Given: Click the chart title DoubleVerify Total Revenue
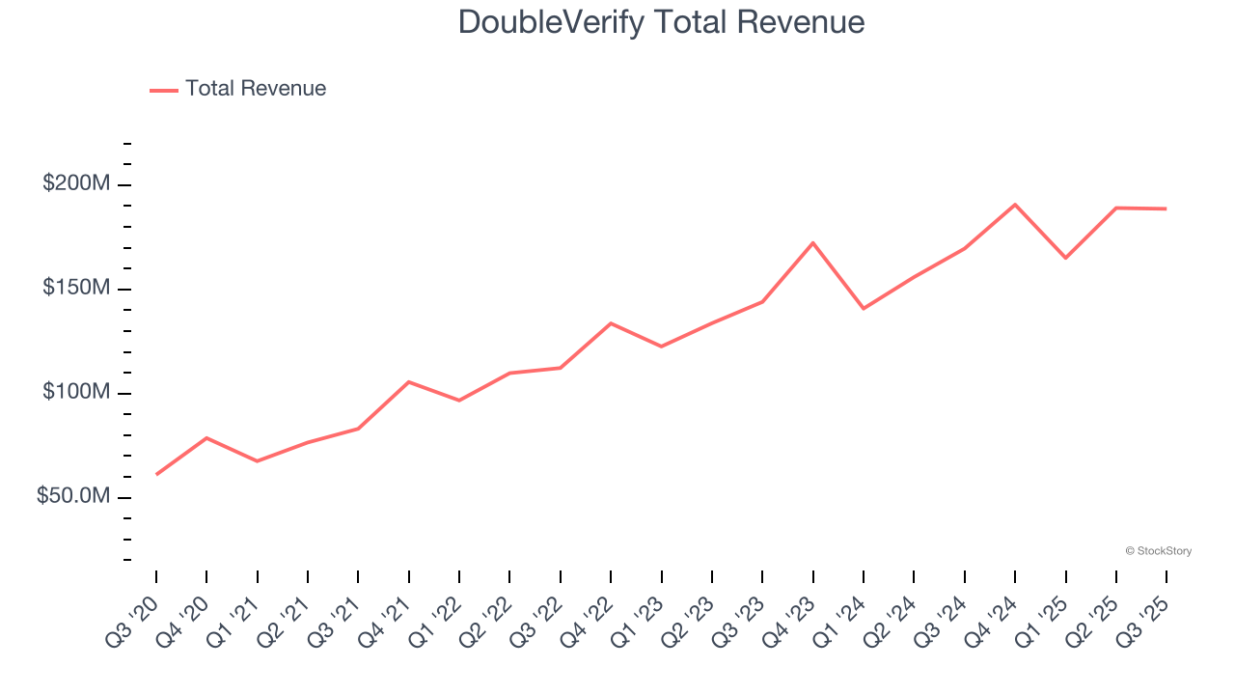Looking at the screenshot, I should (661, 21).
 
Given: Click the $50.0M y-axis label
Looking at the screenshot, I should (73, 496).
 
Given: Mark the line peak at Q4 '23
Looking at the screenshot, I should (813, 242).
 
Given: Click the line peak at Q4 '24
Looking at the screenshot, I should (1015, 205).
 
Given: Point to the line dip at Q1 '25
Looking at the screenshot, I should (1066, 258).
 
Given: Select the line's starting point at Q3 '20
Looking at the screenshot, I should (156, 474).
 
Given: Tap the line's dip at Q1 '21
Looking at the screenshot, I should (258, 461).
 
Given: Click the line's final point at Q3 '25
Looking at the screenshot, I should (1166, 208).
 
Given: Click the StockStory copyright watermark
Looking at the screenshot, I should (1158, 551).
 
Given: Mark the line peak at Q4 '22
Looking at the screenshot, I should (611, 323).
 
